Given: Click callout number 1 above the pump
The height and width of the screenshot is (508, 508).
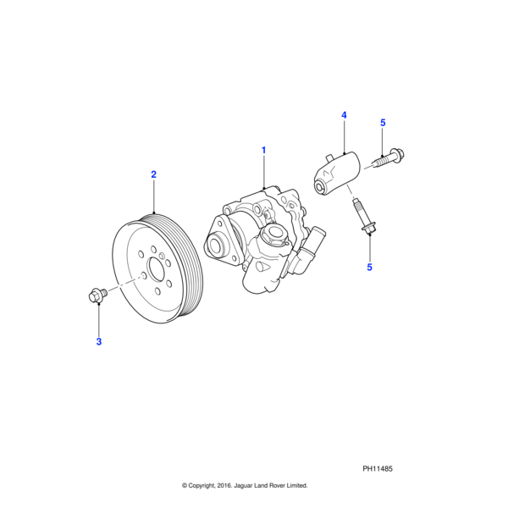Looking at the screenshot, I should click(x=263, y=150).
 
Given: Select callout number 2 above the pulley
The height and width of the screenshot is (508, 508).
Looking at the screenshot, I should click(x=153, y=174).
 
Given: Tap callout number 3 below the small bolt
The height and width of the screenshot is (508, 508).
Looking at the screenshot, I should click(x=98, y=341).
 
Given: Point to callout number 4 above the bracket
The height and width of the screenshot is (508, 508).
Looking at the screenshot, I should click(x=345, y=114).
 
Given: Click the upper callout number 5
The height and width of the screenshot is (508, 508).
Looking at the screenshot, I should click(x=383, y=123).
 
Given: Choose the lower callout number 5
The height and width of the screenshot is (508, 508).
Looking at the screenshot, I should click(x=369, y=268).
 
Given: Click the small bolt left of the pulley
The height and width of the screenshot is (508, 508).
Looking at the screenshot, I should click(x=97, y=295).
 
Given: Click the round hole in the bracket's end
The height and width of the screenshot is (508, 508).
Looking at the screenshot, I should click(x=321, y=182).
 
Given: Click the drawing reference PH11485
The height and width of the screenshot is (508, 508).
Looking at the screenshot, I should click(x=378, y=468).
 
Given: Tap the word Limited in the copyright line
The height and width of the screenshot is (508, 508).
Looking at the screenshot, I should click(x=294, y=486).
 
